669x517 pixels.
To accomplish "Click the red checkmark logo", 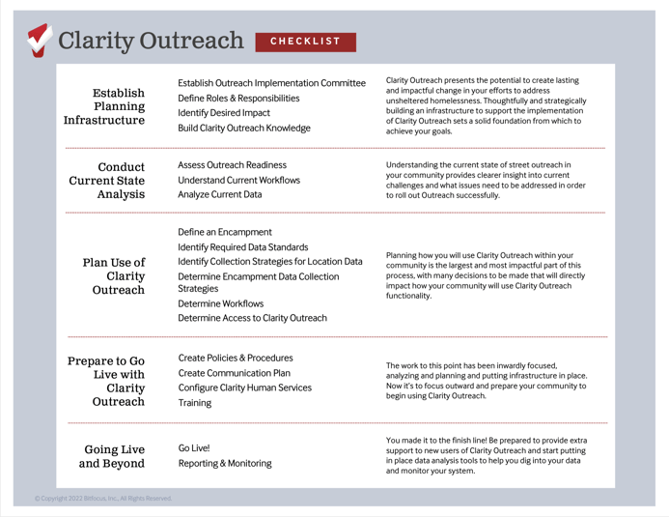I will point(39,40).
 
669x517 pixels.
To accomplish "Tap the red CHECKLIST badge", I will point(305,42).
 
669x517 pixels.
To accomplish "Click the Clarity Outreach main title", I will point(151,42).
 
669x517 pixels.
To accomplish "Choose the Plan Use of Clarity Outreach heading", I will point(114,275).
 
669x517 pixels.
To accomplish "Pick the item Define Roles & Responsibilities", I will point(238,99).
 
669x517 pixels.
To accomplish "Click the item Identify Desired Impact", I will point(224,113).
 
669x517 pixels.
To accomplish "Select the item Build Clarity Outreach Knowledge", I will point(244,129).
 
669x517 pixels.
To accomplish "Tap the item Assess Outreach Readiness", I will point(232,165).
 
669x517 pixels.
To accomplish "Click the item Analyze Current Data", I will point(219,195).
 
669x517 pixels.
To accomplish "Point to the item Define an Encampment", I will point(225,232).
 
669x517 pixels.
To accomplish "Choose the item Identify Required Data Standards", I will point(243,247).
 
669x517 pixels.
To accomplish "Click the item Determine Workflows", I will point(222,303).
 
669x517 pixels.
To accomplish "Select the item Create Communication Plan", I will point(235,373).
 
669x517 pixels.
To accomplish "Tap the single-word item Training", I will point(195,403).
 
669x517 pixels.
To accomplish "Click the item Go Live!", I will point(194,448).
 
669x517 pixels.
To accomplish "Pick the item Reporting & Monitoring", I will point(225,464).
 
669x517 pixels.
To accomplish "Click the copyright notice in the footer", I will point(103,499).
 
